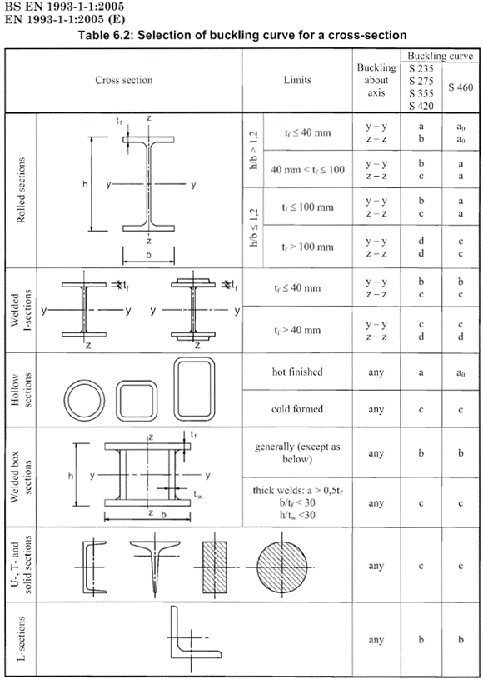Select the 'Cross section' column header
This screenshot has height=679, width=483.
click(x=124, y=80)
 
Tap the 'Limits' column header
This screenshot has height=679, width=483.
click(x=297, y=80)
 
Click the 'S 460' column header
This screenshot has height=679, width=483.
click(x=461, y=87)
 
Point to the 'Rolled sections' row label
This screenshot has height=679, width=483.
click(x=21, y=190)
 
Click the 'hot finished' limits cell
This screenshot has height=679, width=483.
click(x=297, y=372)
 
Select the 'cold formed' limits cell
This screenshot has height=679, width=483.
click(x=297, y=409)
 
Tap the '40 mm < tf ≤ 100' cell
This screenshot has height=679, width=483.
click(x=308, y=170)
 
